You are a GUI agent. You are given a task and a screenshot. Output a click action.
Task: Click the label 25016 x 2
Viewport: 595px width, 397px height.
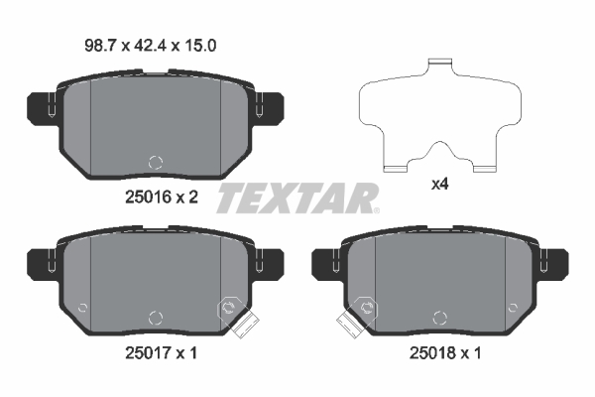(x=162, y=197)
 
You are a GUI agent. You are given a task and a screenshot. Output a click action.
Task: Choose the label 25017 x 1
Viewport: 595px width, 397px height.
(x=161, y=353)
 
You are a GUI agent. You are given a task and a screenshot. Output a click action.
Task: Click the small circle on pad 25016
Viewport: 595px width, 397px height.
(x=154, y=162)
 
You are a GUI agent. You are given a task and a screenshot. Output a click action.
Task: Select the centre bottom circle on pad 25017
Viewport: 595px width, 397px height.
(x=154, y=318)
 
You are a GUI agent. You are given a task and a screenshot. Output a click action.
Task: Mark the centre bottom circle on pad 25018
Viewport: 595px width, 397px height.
(x=440, y=318)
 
